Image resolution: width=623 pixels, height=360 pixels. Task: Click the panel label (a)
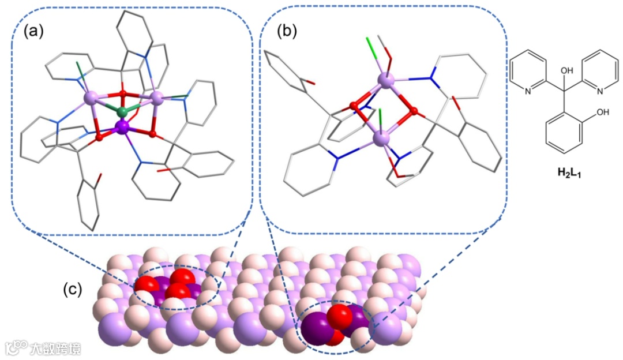point(33,32)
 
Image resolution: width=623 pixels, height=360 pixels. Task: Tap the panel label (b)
point(287,32)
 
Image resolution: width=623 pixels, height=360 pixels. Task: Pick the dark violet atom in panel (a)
point(122,126)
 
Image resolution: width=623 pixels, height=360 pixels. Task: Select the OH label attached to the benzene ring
point(603,112)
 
